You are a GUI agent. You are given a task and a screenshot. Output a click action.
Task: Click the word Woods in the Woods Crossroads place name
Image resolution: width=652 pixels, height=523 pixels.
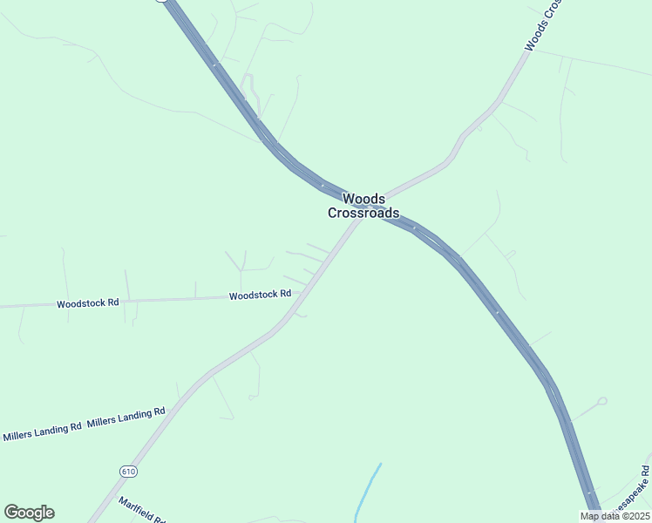pyautogui.click(x=363, y=199)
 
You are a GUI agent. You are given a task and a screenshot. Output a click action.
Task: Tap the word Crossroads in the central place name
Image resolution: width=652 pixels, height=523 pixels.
pyautogui.click(x=363, y=213)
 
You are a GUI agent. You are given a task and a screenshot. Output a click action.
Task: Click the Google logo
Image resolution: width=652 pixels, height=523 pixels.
pyautogui.click(x=29, y=513)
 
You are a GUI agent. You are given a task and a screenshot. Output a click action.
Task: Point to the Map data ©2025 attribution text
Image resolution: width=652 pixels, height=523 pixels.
pyautogui.click(x=615, y=516)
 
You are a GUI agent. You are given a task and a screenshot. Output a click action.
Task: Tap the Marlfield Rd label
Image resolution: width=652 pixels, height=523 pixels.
pyautogui.click(x=142, y=509)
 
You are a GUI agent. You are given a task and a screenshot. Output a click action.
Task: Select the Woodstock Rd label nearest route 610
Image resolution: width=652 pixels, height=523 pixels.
pyautogui.click(x=260, y=295)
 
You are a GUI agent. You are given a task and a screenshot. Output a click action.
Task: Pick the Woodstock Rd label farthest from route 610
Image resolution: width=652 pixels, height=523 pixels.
pyautogui.click(x=87, y=303)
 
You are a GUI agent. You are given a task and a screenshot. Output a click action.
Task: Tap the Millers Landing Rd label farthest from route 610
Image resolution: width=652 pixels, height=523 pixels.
pyautogui.click(x=42, y=431)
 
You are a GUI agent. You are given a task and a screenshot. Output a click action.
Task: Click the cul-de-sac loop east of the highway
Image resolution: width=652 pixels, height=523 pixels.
pyautogui.click(x=601, y=402)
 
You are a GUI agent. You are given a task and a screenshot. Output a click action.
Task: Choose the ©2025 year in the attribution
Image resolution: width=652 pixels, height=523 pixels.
pyautogui.click(x=633, y=516)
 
